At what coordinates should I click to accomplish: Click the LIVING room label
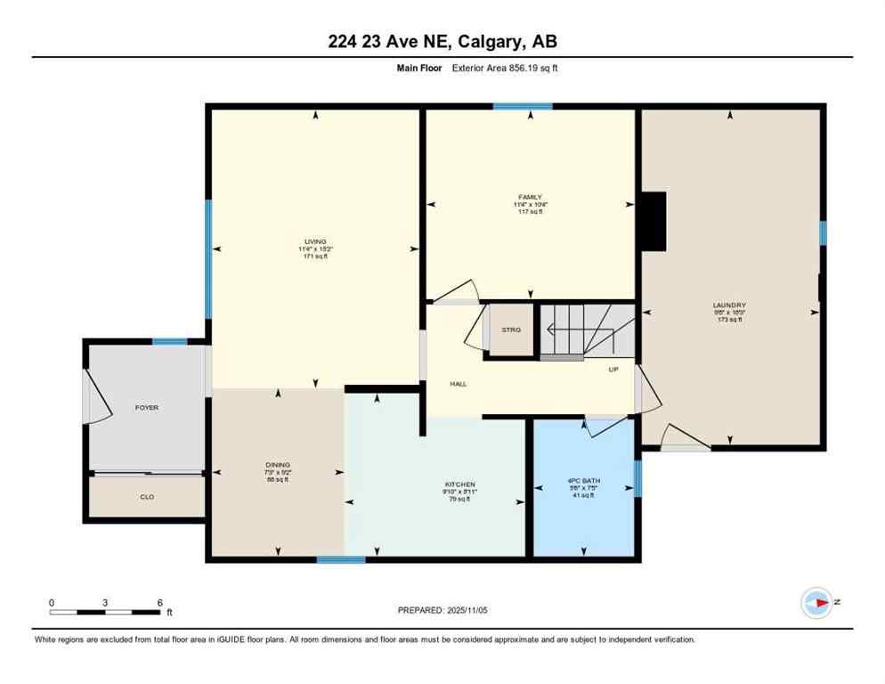pos(315,241)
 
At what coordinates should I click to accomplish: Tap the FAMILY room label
pos(530,197)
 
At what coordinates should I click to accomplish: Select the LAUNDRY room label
pos(729,305)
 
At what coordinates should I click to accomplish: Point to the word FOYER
pos(147,407)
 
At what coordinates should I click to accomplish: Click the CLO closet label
pos(147,496)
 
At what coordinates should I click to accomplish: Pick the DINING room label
pos(278,464)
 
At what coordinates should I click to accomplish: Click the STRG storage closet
pos(511,330)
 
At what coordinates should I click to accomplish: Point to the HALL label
pos(459,384)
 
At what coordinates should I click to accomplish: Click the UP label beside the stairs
pos(613,369)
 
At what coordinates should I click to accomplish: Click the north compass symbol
pos(816,603)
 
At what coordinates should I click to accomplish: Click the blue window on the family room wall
pos(523,107)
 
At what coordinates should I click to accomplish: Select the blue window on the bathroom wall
pos(637,478)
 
